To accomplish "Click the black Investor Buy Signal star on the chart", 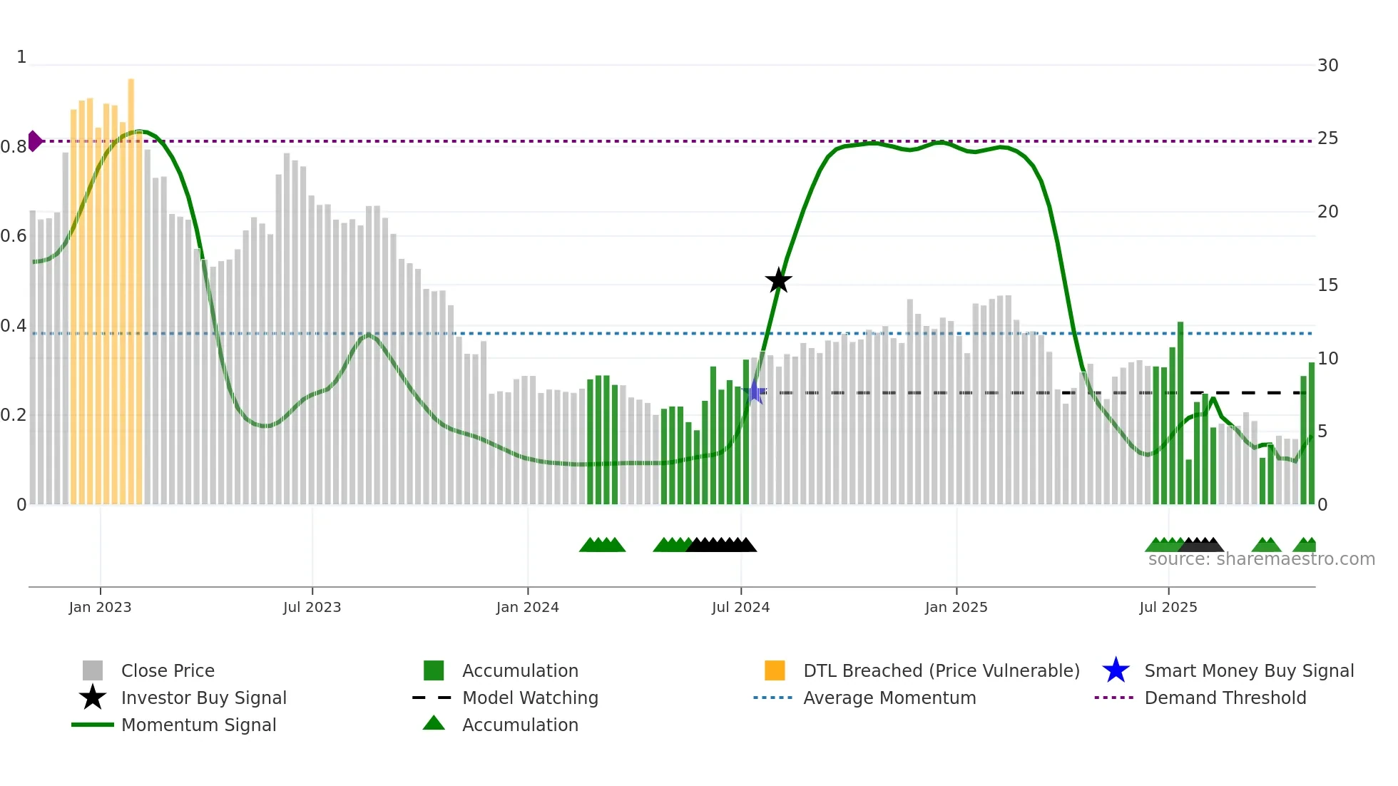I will [x=778, y=280].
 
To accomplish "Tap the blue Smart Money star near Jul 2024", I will [x=756, y=392].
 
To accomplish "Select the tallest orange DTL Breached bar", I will [x=131, y=285].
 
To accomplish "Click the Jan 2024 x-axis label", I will [x=527, y=607].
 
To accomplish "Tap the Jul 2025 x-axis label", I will [x=1168, y=607].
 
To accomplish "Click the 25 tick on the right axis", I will [x=1327, y=138].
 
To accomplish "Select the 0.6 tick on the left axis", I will [x=14, y=236].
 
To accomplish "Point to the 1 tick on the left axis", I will [x=21, y=57].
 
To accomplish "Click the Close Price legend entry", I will [x=168, y=670].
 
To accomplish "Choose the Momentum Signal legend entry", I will [x=198, y=725].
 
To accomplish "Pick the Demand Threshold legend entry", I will [x=1225, y=698].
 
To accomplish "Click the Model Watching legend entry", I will [x=530, y=698].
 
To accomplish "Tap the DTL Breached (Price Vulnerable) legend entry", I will [x=941, y=670].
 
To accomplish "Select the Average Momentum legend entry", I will [x=889, y=698].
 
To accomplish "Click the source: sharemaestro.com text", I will [x=1261, y=559].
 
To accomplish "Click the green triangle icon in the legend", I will [x=434, y=723].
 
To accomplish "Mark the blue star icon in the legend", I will [x=1116, y=670].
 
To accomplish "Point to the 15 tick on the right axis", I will [x=1327, y=285].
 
